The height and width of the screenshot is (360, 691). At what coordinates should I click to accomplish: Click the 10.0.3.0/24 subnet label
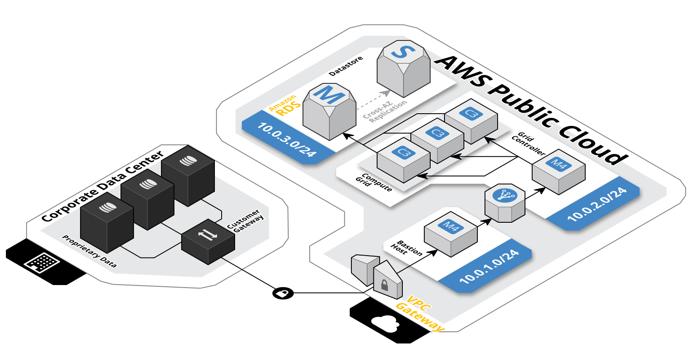[x=287, y=139]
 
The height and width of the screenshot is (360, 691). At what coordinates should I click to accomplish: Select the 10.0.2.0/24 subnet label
[x=597, y=204]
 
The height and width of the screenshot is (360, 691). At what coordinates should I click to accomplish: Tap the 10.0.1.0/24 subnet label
[x=489, y=267]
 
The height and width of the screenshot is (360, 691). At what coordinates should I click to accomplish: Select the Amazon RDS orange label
[x=286, y=106]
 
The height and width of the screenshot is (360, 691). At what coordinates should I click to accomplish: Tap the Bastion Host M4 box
[x=450, y=234]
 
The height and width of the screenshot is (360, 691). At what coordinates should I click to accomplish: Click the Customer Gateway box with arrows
[x=208, y=241]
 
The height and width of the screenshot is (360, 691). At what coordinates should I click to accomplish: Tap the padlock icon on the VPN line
[x=283, y=293]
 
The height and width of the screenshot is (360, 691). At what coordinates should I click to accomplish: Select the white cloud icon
[x=385, y=324]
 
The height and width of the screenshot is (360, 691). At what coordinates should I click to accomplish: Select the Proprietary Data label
[x=89, y=251]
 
